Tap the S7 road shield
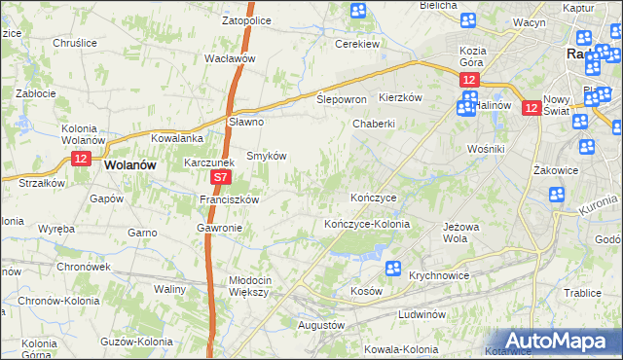tap(221, 178)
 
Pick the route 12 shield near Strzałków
tap(80, 158)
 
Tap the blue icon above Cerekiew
tap(358, 12)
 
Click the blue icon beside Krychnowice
tap(393, 269)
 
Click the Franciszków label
tap(228, 199)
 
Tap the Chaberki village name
tap(374, 124)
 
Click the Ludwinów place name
tap(421, 315)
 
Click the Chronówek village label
tap(82, 266)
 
